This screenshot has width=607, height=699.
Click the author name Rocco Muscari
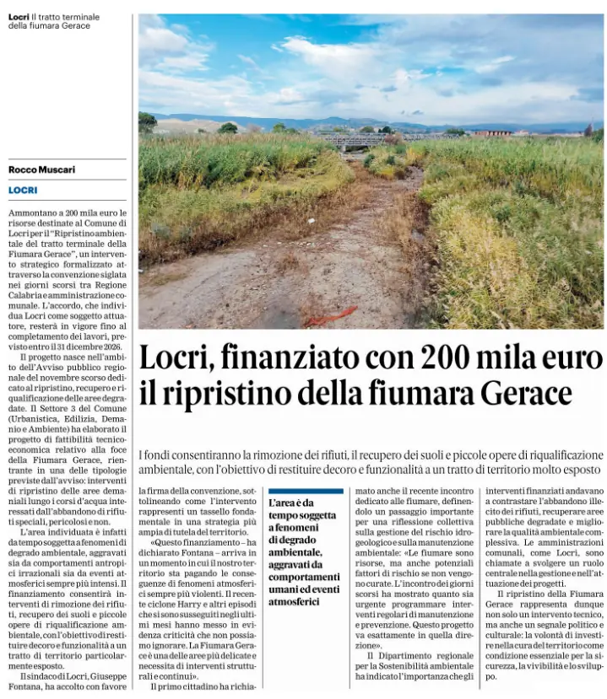coord(41,169)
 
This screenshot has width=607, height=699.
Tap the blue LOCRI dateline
coord(23,191)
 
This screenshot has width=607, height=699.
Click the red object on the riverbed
coord(330,317)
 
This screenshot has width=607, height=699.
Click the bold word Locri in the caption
coord(19,17)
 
